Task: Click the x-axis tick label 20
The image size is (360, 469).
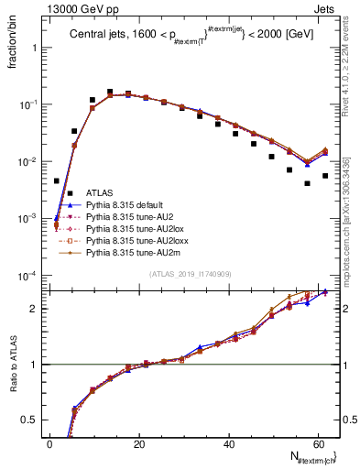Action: point(139,443)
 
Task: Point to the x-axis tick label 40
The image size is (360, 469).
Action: point(229,443)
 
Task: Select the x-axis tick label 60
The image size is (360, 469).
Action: point(318,443)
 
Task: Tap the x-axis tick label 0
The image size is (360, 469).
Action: point(50,443)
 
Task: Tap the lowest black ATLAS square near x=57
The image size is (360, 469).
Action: point(308,183)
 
